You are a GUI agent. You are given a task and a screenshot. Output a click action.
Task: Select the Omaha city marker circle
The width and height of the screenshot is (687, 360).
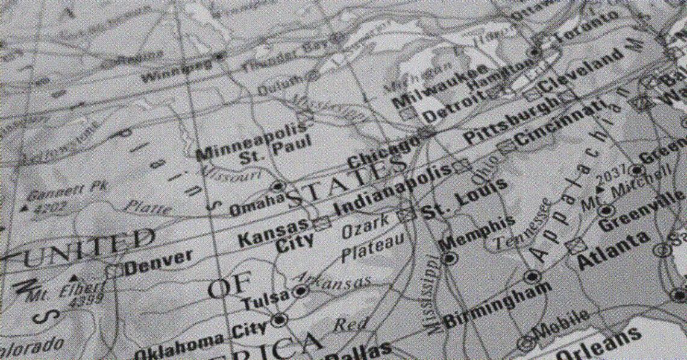pyautogui.click(x=278, y=186)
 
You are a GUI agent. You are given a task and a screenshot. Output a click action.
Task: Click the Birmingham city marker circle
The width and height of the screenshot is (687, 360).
pyautogui.click(x=531, y=277)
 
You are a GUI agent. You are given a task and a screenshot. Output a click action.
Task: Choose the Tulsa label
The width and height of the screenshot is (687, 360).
pyautogui.click(x=266, y=298)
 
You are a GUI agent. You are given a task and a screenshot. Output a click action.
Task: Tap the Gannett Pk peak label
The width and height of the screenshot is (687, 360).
pyautogui.click(x=66, y=191)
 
